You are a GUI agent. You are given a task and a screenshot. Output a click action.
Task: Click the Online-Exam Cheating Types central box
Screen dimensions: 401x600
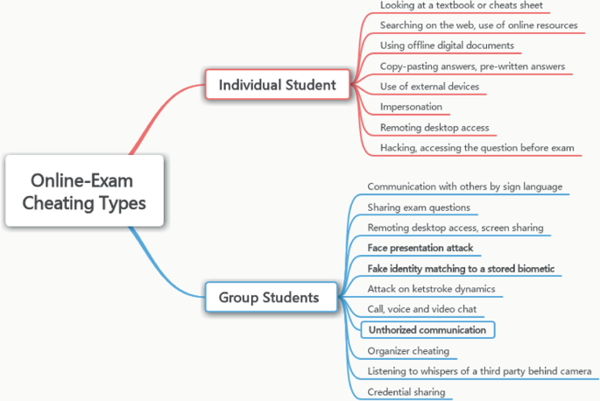[84, 192]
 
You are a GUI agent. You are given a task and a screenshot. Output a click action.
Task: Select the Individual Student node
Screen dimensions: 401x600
[277, 85]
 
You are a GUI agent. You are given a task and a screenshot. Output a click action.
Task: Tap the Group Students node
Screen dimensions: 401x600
[268, 298]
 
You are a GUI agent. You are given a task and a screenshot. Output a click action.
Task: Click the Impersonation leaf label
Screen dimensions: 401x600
[411, 107]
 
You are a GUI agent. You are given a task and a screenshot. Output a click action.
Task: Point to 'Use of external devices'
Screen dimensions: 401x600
[429, 86]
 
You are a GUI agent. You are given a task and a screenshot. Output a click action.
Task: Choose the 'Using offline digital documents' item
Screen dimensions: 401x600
[447, 45]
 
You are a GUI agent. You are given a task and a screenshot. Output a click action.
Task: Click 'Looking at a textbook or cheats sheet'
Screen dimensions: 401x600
[461, 5]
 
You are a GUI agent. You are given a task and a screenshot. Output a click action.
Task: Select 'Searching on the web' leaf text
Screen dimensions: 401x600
[478, 25]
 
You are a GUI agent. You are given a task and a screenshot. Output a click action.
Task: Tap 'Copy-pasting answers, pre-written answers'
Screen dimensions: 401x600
[472, 66]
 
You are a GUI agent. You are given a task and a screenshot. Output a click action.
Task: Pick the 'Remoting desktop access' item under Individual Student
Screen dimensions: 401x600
[434, 127]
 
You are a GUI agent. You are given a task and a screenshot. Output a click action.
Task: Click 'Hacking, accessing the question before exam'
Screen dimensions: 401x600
[476, 148]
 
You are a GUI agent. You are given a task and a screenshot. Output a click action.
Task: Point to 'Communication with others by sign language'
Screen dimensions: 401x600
[464, 186]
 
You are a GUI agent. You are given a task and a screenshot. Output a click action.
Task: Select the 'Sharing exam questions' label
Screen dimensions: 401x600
[419, 208]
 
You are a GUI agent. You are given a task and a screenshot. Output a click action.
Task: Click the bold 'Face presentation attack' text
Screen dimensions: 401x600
[420, 248]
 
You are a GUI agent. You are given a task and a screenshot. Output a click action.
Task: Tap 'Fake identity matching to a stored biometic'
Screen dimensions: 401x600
[461, 268]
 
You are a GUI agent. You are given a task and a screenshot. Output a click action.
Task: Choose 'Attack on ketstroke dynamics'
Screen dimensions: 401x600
[431, 288]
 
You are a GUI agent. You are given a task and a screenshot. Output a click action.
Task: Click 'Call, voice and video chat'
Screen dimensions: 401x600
[422, 309]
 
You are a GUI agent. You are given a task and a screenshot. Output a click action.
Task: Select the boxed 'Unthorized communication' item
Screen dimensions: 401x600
[427, 330]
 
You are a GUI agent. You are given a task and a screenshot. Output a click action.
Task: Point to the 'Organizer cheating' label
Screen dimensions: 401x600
[408, 350]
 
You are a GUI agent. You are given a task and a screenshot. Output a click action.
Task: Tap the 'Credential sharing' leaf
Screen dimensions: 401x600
[406, 391]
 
